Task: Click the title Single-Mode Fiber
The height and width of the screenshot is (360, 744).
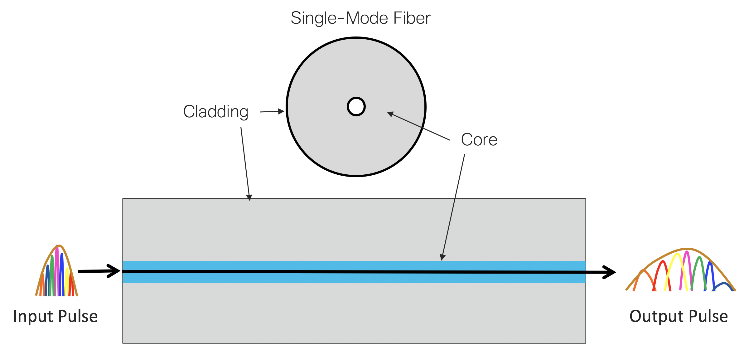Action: (x=360, y=18)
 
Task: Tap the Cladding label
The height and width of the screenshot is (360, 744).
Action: (x=216, y=112)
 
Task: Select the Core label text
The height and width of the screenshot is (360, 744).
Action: (x=479, y=140)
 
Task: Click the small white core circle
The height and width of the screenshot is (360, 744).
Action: (x=356, y=107)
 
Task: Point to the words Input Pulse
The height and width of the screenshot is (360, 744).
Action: (x=56, y=316)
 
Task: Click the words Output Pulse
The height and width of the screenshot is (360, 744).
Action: (x=679, y=316)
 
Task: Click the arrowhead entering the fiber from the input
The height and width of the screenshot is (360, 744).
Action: (x=114, y=271)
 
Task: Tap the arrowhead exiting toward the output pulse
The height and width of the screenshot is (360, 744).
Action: (x=610, y=272)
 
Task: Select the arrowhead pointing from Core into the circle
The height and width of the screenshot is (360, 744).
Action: (x=390, y=114)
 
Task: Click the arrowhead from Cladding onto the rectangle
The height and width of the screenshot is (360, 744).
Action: (x=249, y=197)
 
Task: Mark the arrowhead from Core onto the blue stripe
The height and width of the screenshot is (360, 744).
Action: (x=442, y=257)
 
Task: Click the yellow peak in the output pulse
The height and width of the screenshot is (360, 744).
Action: (x=677, y=255)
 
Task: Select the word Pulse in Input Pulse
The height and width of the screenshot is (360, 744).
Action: (x=78, y=316)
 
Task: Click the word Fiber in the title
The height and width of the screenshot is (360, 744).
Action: (x=412, y=18)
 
